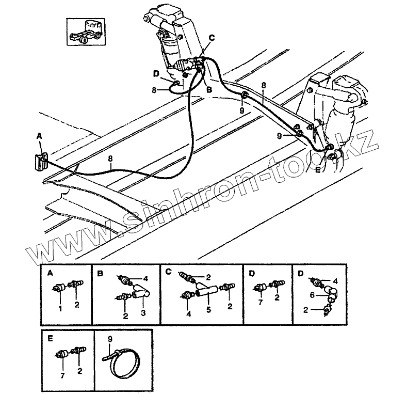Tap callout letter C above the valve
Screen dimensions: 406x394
[212, 38]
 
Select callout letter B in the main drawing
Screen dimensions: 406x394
[209, 89]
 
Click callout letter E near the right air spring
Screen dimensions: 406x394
[318, 168]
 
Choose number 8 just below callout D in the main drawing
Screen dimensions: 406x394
[154, 90]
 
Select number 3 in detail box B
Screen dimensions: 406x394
[142, 313]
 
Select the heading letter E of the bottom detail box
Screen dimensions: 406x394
[50, 340]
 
